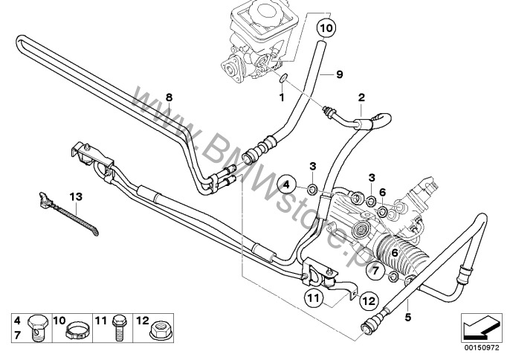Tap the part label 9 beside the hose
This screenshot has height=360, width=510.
point(339,74)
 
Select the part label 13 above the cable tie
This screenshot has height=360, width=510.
point(74,196)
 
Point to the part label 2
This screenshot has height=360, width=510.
point(361,97)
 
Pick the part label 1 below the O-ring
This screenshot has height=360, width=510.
point(282,97)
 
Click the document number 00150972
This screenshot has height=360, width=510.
point(481,347)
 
